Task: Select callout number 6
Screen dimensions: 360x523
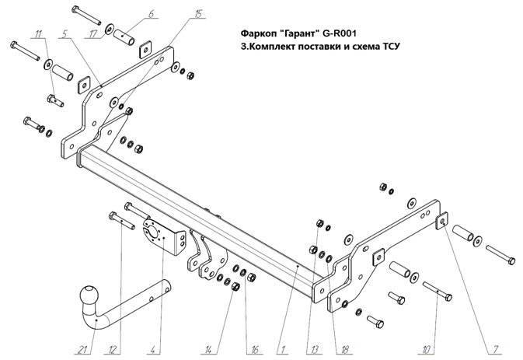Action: tap(151, 13)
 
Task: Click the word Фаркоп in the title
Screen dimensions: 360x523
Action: tap(263, 33)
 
